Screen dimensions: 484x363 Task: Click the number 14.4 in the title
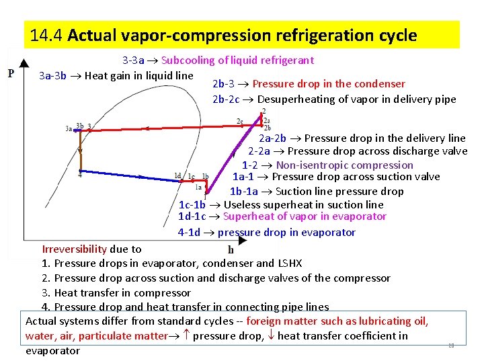tap(46, 36)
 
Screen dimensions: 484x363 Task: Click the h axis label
tap(231, 249)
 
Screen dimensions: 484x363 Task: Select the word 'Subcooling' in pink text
tap(190, 61)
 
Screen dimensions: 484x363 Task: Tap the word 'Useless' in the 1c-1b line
tap(243, 204)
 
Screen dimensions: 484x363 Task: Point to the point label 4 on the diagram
tap(80, 174)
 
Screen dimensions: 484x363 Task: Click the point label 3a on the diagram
tap(69, 128)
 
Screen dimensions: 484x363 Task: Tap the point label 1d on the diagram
tap(177, 175)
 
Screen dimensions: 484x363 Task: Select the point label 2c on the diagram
tap(240, 122)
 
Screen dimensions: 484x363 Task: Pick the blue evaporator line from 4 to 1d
tap(128, 177)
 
